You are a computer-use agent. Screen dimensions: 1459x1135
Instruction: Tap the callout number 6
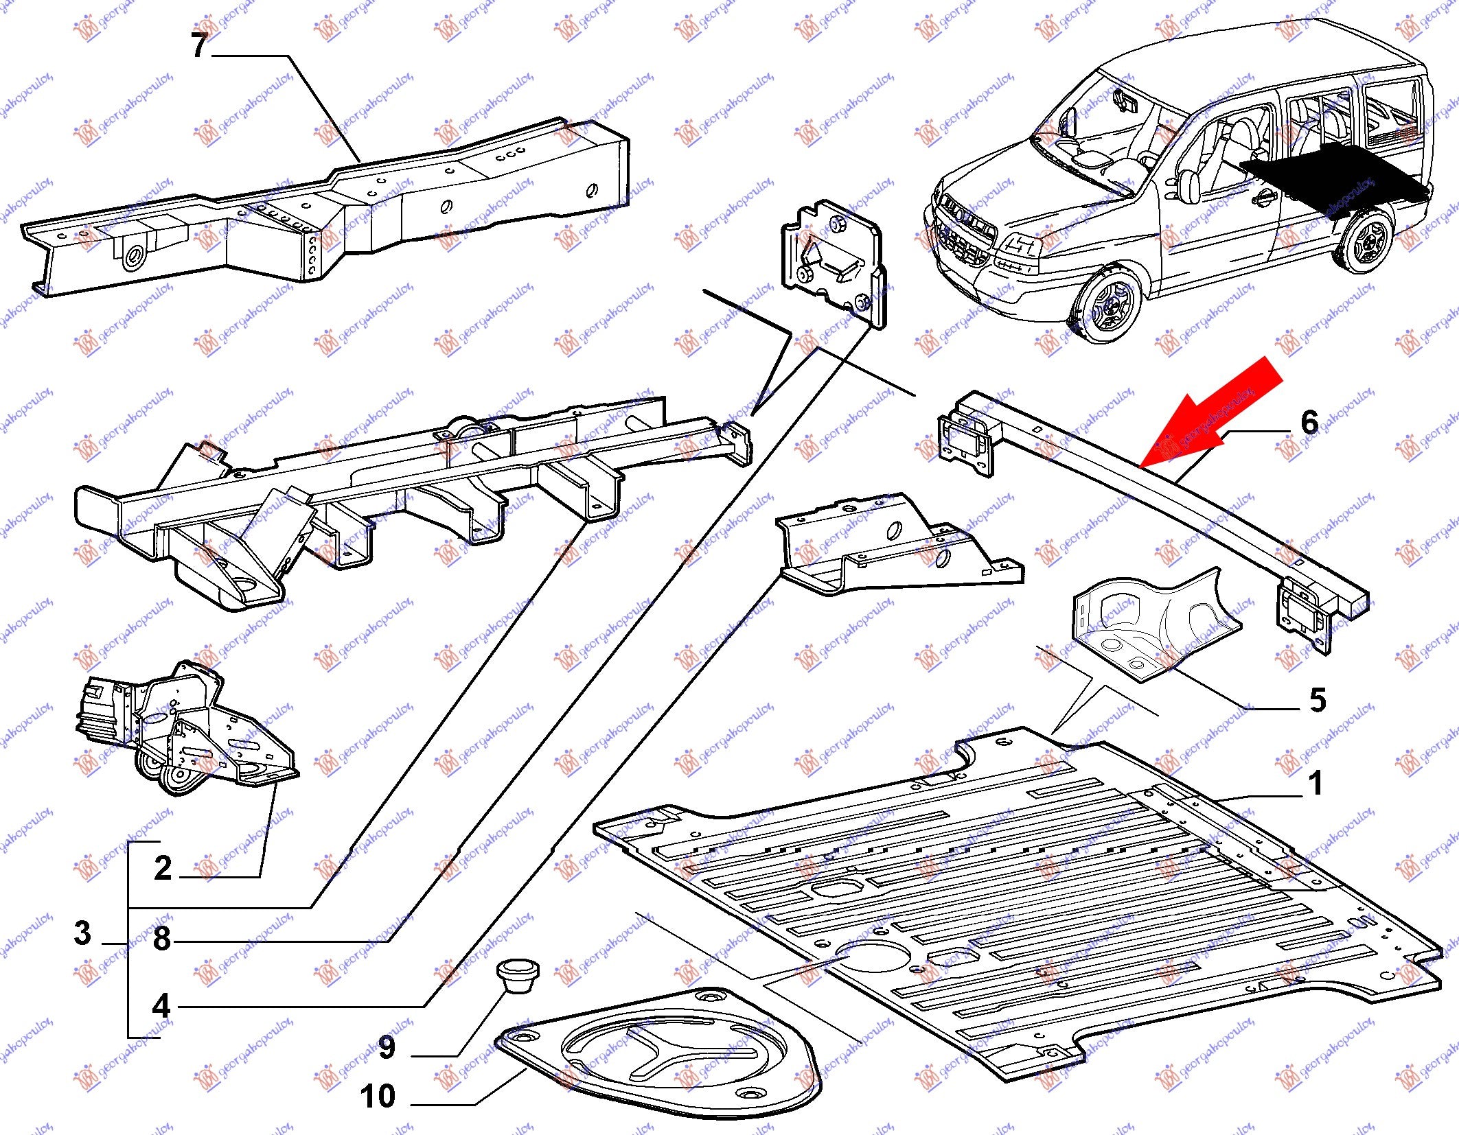click(1309, 422)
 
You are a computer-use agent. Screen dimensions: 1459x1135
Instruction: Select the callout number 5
click(1318, 700)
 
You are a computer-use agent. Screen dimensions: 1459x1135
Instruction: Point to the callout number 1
click(1315, 783)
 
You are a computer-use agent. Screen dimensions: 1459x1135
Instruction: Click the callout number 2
click(163, 868)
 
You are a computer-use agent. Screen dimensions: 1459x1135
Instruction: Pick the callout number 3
click(82, 933)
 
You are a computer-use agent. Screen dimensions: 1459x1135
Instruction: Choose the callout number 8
click(162, 938)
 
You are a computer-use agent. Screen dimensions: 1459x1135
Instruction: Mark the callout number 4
click(161, 1005)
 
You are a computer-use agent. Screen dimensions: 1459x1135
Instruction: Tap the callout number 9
click(387, 1047)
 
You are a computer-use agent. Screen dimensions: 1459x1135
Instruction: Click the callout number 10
click(378, 1096)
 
